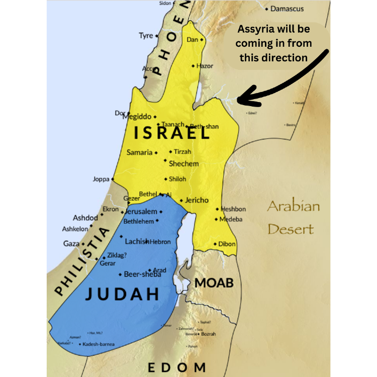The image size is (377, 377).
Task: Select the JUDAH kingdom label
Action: (122, 294)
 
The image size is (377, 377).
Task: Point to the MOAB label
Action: (214, 282)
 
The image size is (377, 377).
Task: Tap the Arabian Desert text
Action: (293, 217)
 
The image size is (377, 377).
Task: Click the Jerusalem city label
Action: (141, 212)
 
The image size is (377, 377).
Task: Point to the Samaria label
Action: (139, 152)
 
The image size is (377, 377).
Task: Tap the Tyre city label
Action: (146, 36)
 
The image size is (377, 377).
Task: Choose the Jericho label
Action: (197, 200)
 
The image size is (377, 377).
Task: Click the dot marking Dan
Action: (202, 39)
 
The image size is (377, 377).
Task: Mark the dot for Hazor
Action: (193, 66)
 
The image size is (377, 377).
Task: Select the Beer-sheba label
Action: (142, 274)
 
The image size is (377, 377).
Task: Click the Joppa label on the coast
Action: (101, 179)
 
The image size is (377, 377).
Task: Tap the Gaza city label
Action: (71, 244)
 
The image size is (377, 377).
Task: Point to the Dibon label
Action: (226, 244)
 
